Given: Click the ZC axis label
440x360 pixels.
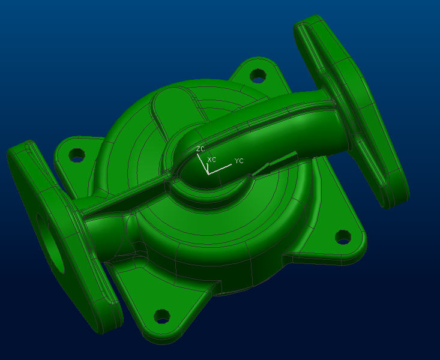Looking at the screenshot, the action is pos(200,149).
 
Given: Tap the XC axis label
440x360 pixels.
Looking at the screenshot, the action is pos(211,160).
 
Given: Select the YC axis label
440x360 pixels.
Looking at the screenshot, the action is pos(239,161).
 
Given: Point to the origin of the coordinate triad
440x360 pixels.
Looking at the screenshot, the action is pos(208,173).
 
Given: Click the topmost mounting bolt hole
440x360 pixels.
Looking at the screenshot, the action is pos(258,76).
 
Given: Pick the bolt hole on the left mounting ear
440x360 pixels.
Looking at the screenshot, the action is pos(77,155).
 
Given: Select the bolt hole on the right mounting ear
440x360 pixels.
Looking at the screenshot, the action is pos(343,237).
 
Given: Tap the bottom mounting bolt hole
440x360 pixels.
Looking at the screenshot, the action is pos(162,316).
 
